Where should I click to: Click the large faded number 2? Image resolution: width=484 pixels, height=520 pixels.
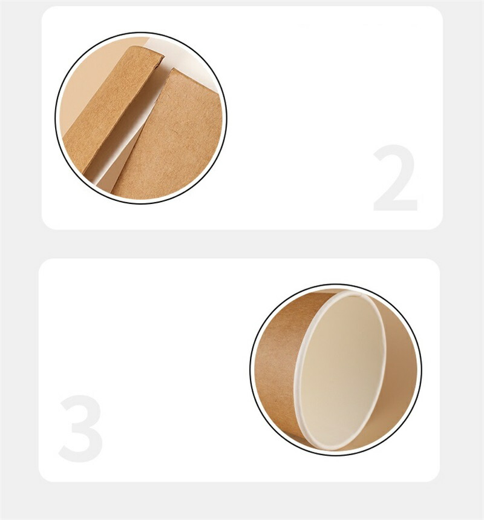coord(395,178)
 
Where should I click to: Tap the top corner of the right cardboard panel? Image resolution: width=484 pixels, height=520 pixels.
coord(172,69)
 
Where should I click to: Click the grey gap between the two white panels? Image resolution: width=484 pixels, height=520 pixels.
coord(242,244)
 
